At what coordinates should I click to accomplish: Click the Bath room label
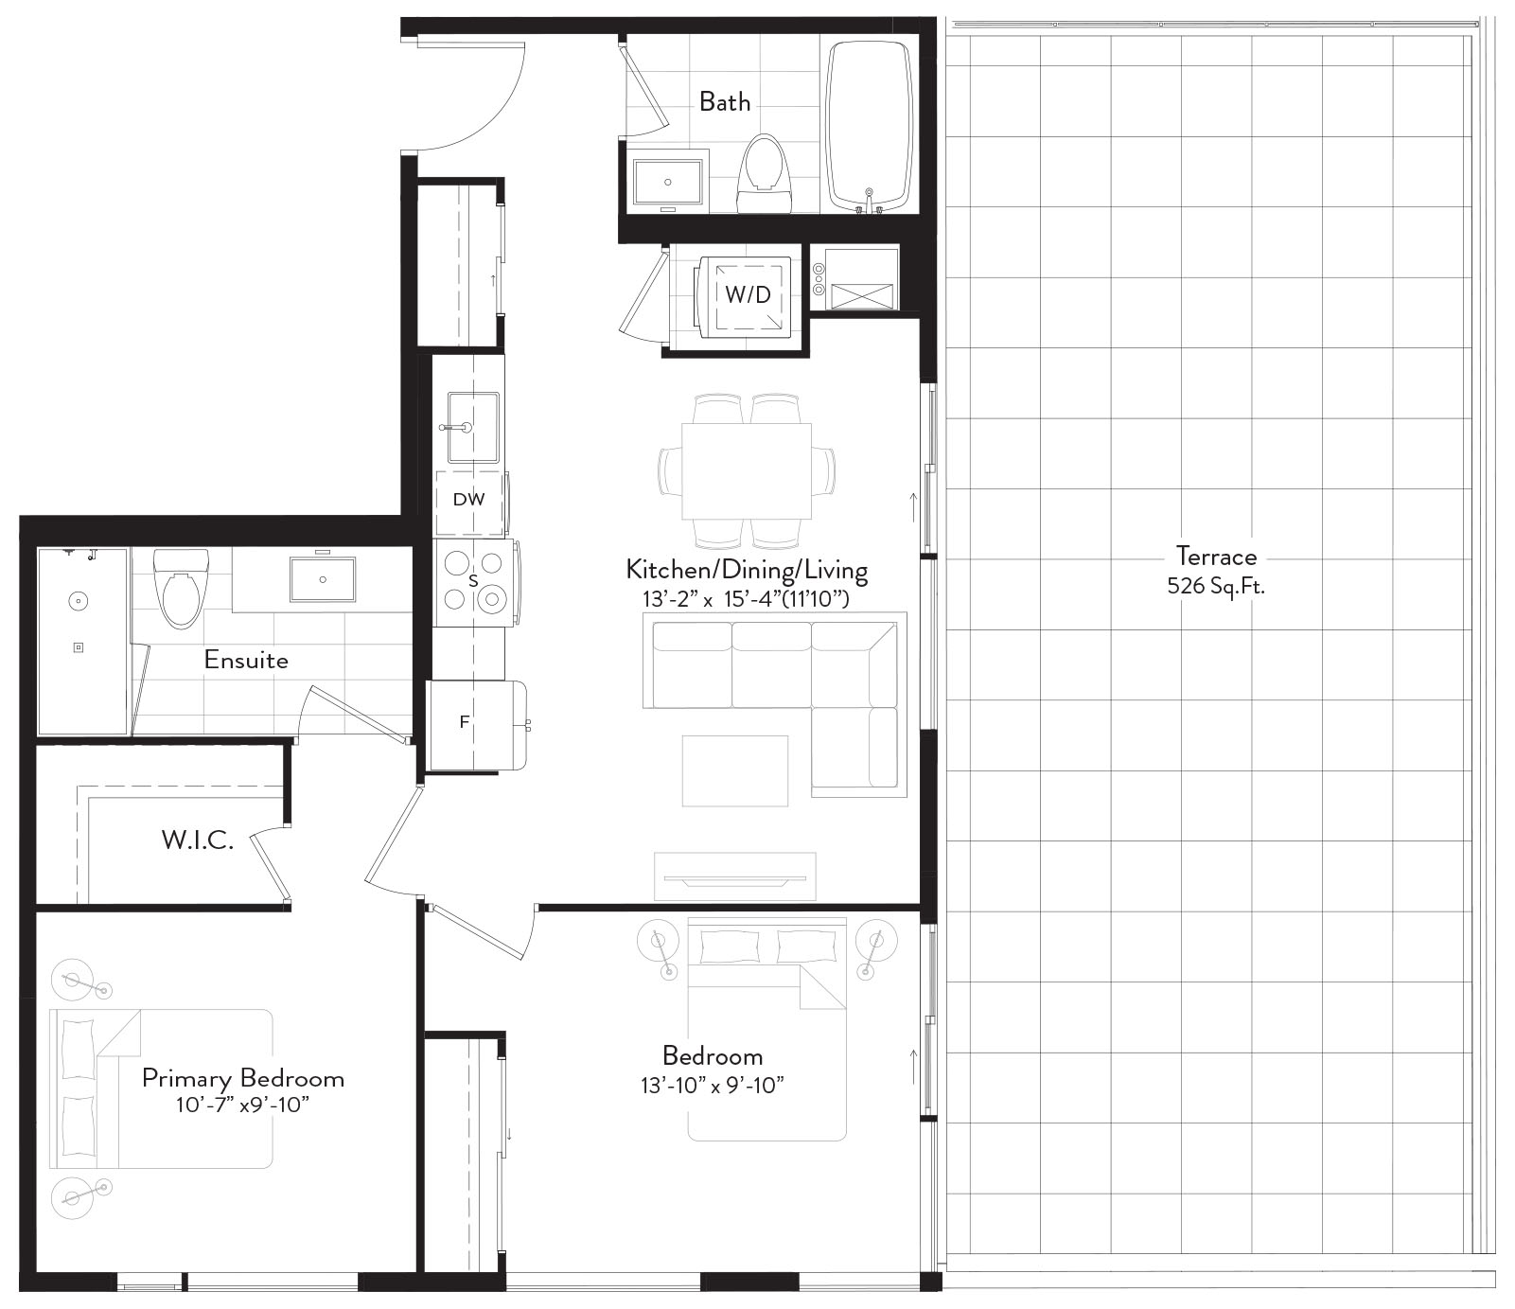(725, 101)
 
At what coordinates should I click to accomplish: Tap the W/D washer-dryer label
(748, 294)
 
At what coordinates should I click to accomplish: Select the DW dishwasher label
(468, 499)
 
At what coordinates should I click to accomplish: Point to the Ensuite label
(246, 660)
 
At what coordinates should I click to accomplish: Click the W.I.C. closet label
(198, 840)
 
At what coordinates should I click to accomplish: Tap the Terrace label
(1216, 556)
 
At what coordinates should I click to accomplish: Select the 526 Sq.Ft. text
(1216, 586)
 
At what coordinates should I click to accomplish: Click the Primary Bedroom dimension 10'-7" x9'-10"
(243, 1105)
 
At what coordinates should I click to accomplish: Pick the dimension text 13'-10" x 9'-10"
(713, 1085)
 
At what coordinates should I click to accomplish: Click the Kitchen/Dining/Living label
(747, 570)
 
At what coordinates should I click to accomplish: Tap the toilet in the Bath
(764, 174)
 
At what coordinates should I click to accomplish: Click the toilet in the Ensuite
(181, 588)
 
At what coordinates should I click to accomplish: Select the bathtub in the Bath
(869, 124)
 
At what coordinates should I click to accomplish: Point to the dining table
(747, 471)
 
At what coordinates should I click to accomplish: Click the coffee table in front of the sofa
(735, 771)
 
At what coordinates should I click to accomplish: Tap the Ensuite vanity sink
(323, 579)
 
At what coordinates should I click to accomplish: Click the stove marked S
(474, 583)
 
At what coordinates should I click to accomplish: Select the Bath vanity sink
(668, 182)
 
